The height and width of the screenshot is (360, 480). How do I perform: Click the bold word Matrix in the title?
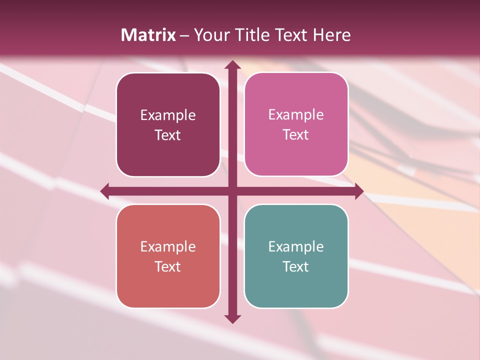coord(148,35)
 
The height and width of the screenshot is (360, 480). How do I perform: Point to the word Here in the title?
coord(331,35)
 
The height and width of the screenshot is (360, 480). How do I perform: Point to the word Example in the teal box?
coord(296,246)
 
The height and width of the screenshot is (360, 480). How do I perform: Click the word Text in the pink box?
coord(296,135)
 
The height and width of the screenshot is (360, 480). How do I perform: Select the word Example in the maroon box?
coord(168,115)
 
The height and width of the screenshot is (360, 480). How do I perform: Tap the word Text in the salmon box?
coord(168,267)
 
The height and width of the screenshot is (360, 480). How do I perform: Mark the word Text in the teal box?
coord(296,267)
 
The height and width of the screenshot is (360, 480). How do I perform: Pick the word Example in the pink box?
coord(296,115)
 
